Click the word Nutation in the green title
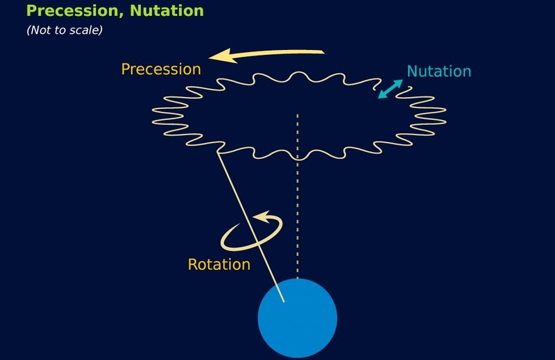166,10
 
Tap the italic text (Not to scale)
65,30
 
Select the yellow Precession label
161,69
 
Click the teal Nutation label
439,71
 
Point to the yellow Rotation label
219,264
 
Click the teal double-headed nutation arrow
391,89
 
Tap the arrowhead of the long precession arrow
223,56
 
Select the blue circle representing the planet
298,318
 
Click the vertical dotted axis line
298,196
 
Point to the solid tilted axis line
250,227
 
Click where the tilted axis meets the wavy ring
218,152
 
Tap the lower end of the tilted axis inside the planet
284,302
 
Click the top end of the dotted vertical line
298,115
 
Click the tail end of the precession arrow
324,53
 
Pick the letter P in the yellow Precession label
126,69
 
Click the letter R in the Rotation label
192,264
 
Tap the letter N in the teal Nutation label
411,71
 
